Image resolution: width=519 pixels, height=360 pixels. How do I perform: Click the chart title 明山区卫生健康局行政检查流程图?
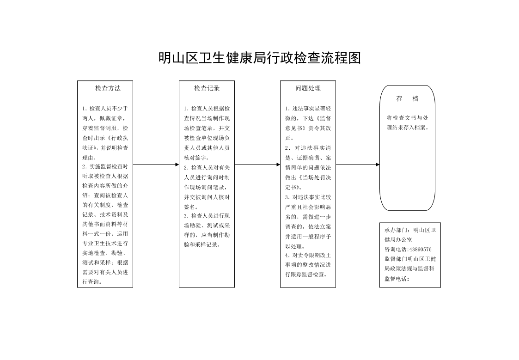pos(260,58)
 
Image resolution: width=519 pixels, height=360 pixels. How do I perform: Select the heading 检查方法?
pos(108,88)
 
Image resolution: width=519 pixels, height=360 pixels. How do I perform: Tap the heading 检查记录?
pos(207,88)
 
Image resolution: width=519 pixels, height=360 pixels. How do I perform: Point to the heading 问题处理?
pos(308,88)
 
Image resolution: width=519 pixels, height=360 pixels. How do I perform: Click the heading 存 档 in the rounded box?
pos(408,98)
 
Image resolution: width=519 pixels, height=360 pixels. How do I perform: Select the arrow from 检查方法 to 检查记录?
pos(156,165)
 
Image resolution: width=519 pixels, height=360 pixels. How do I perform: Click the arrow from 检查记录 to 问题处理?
pos(257,165)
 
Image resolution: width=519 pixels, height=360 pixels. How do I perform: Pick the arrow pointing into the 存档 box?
pos(358,165)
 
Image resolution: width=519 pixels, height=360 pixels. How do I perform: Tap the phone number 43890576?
pos(421,250)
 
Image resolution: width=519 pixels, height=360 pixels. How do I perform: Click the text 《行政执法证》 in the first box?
pos(105,143)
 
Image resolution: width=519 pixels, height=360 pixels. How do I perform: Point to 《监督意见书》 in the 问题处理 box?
pos(308,123)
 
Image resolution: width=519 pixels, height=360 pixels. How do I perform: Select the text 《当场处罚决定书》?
pos(308,183)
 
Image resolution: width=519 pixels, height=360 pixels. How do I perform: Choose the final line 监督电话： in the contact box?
pos(397,279)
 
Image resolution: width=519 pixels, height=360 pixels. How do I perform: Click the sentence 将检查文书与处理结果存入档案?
pos(408,122)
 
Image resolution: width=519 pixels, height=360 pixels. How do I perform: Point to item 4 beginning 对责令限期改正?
pos(308,265)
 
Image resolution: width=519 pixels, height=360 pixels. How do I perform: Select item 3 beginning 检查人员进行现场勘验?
pos(207,230)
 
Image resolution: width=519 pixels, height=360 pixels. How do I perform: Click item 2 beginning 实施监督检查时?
pos(105,224)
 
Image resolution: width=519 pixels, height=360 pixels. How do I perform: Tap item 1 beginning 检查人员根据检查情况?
pos(207,133)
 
